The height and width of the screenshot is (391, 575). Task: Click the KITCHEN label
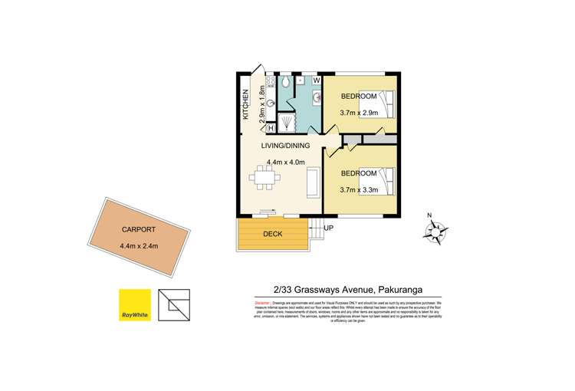click(x=246, y=105)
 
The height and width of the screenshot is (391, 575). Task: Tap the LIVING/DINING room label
click(x=286, y=146)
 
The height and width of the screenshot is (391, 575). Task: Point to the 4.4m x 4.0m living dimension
click(x=286, y=162)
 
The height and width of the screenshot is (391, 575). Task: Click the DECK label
click(x=273, y=234)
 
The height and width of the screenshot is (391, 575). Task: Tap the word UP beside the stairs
click(x=328, y=228)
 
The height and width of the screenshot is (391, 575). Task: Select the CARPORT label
click(x=139, y=229)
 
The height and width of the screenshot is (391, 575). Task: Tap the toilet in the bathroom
click(x=285, y=81)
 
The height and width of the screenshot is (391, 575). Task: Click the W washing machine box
click(x=316, y=79)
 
